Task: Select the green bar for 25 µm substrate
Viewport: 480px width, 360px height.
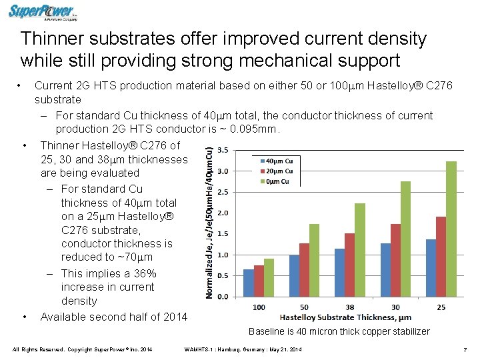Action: click(451, 229)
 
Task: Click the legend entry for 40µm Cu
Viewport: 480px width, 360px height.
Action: click(273, 161)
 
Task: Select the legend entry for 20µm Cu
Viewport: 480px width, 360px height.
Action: click(273, 171)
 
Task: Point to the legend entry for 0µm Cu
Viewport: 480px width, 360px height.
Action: click(272, 181)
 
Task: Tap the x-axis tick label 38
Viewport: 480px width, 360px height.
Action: click(349, 307)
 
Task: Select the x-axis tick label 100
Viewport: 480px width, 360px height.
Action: click(258, 307)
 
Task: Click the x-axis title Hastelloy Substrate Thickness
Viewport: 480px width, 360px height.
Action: click(345, 317)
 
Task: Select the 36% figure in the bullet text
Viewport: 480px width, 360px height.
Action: click(145, 273)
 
